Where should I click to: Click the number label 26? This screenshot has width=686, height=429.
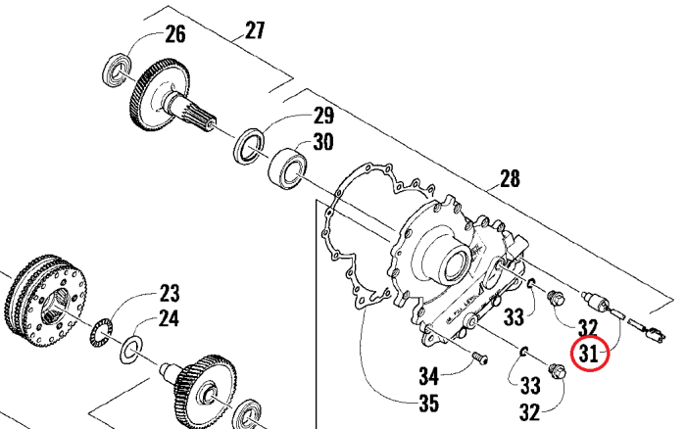175,34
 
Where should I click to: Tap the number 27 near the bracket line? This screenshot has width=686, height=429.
255,30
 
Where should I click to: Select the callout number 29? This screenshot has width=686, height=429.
323,116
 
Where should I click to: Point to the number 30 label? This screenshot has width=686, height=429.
322,142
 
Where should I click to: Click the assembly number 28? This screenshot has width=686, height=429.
510,179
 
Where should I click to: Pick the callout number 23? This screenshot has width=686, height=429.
170,294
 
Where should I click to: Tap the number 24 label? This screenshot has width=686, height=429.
169,318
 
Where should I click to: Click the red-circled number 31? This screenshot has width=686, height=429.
589,354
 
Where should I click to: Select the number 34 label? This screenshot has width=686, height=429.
429,376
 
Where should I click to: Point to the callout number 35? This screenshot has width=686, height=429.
428,404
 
